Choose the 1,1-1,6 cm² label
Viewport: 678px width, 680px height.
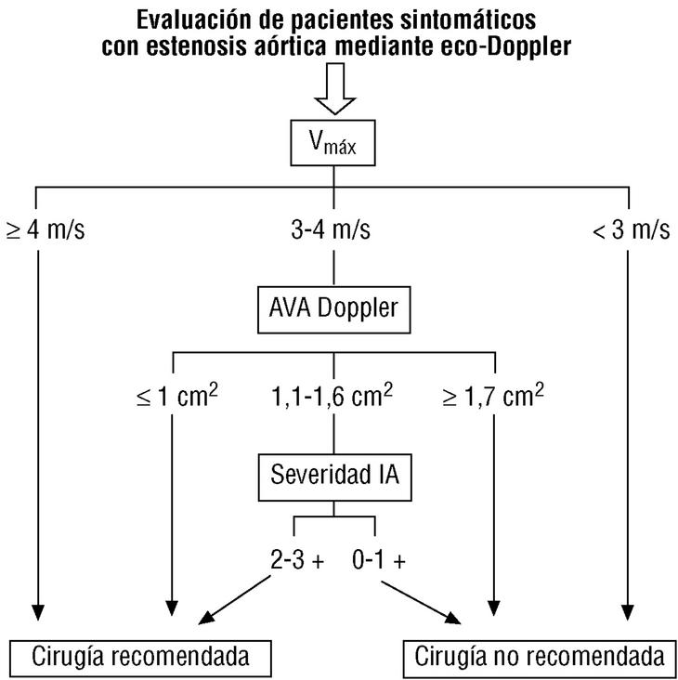pyautogui.click(x=333, y=398)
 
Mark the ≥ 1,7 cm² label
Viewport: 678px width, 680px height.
pyautogui.click(x=493, y=398)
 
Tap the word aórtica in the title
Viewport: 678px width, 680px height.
pyautogui.click(x=283, y=46)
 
